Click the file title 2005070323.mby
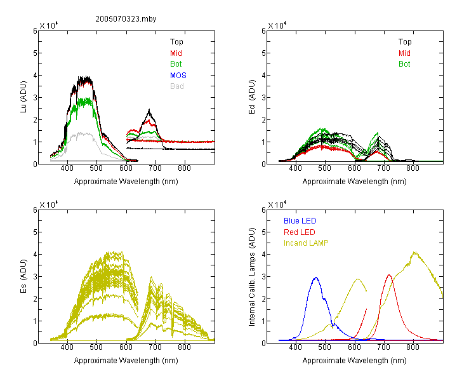click(126, 19)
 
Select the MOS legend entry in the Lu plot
click(178, 76)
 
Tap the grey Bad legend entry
click(177, 86)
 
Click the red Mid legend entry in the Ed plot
click(404, 53)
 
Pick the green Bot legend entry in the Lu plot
click(176, 64)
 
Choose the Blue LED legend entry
click(300, 221)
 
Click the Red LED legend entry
click(300, 232)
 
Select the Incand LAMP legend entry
click(306, 243)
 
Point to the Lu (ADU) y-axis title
click(23, 97)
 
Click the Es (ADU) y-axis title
click(23, 276)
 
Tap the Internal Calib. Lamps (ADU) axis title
click(252, 277)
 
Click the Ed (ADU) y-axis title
click(252, 97)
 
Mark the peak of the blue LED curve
click(316, 277)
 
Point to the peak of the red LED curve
click(389, 275)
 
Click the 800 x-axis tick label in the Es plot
click(184, 347)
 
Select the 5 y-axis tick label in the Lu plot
click(35, 53)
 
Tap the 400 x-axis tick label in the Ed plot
click(295, 168)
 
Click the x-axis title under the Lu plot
click(126, 182)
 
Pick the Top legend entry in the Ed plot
click(405, 42)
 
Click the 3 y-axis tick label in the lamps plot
click(263, 276)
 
